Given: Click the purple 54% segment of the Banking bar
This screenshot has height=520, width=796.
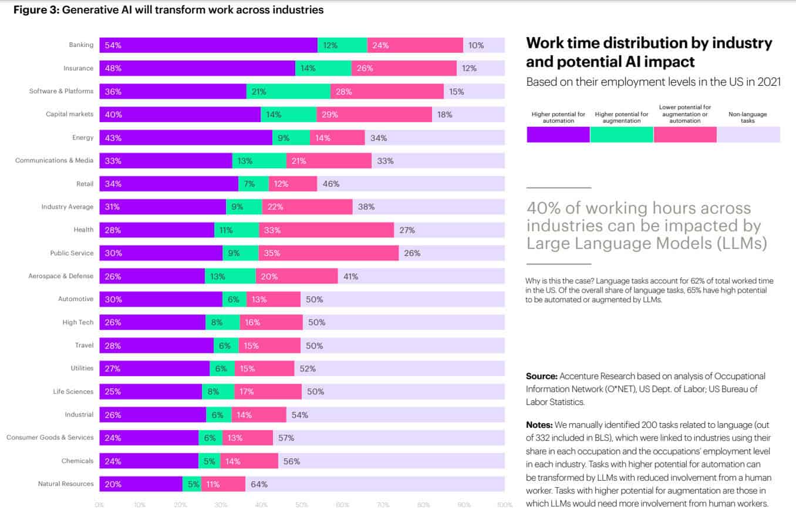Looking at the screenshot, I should (208, 45).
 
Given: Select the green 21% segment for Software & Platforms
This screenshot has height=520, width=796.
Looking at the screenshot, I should (288, 92).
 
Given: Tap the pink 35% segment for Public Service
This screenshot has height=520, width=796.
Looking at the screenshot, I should (328, 253).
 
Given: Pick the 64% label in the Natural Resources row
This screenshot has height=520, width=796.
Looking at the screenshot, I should (259, 484).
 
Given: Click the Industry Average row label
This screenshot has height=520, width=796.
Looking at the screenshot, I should (67, 207).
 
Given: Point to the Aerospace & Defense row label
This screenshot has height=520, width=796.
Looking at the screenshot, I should (61, 276).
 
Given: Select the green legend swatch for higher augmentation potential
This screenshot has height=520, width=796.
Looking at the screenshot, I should (621, 135).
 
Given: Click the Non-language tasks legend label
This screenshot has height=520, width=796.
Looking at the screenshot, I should (748, 118).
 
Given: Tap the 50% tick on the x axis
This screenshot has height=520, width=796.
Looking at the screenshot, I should (302, 505).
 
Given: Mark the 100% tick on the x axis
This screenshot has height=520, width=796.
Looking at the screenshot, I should (504, 505).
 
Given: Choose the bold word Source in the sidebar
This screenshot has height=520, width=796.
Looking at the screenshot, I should (541, 376).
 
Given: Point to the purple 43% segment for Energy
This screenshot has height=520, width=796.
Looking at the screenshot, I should (185, 137).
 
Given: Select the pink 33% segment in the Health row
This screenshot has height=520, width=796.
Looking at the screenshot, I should (326, 230).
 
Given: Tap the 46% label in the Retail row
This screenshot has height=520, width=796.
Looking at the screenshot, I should (331, 184).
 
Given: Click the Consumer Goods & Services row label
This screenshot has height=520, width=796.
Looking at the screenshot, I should (50, 438).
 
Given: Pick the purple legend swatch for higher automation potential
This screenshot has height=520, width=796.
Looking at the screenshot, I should (558, 135).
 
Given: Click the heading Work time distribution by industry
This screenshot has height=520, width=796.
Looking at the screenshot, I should (649, 43).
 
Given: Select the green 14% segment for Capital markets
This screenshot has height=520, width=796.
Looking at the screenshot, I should (288, 115).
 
